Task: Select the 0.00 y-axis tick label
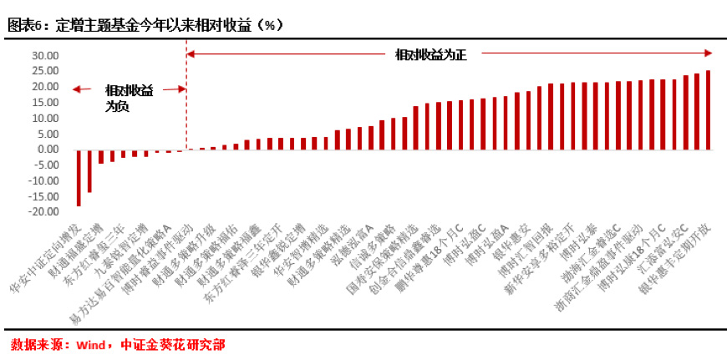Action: point(48,150)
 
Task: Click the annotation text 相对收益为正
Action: point(430,54)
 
